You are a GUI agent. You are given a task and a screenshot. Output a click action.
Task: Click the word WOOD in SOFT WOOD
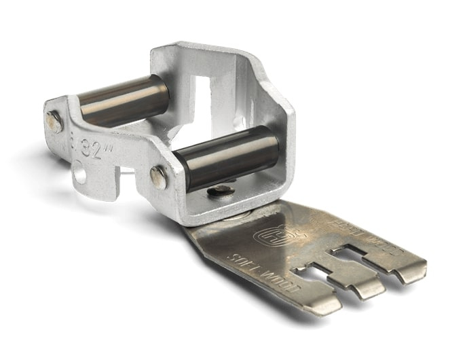[269, 275]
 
